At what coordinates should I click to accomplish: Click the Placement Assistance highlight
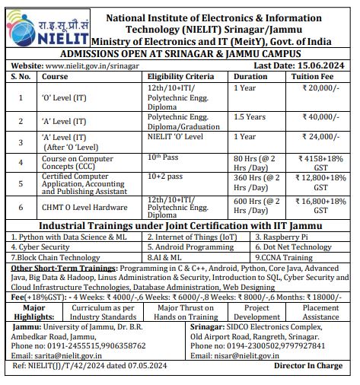pyautogui.click(x=321, y=311)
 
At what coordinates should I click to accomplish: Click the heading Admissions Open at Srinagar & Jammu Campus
pyautogui.click(x=180, y=55)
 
